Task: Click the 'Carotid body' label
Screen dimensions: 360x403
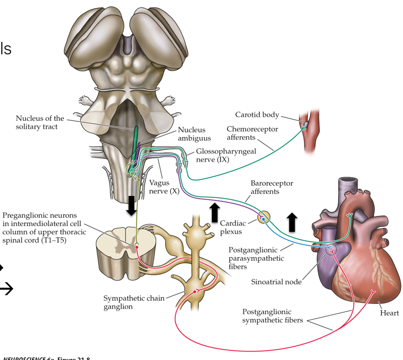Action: click(x=271, y=115)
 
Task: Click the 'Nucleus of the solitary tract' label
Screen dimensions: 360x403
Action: click(x=40, y=122)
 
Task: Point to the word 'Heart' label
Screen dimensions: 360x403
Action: click(x=389, y=313)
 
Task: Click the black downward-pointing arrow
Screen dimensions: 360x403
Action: click(x=131, y=205)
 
